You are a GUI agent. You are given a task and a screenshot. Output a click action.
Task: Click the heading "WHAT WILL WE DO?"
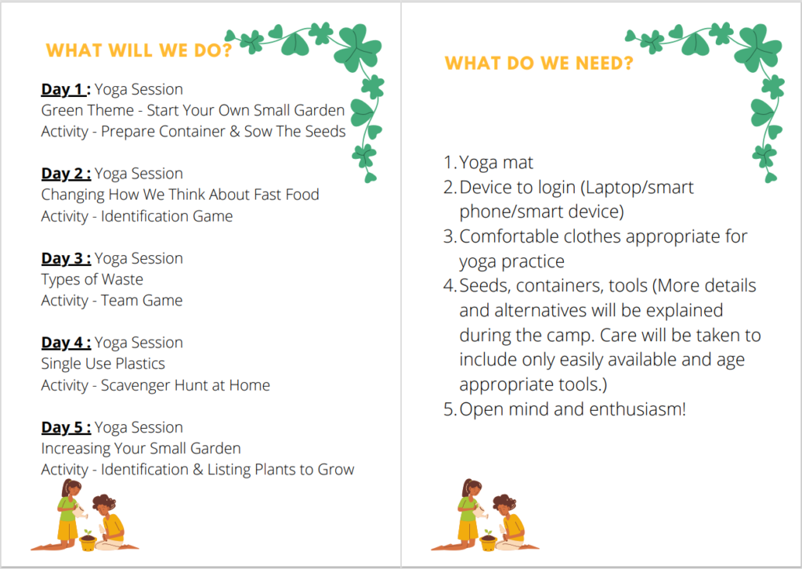[139, 51]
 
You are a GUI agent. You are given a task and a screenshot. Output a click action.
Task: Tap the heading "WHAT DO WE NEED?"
[539, 63]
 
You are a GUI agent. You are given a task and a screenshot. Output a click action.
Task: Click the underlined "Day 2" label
[66, 174]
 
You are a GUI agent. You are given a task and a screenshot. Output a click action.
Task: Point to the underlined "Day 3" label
[66, 259]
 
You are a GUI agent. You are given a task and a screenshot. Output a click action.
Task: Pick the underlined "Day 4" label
[66, 343]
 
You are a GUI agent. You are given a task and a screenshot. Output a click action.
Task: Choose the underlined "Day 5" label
[66, 427]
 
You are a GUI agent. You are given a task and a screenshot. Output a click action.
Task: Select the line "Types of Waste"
[92, 279]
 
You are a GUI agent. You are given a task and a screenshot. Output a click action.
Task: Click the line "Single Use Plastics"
[103, 363]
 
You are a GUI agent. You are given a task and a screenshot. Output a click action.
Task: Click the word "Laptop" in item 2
[609, 189]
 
